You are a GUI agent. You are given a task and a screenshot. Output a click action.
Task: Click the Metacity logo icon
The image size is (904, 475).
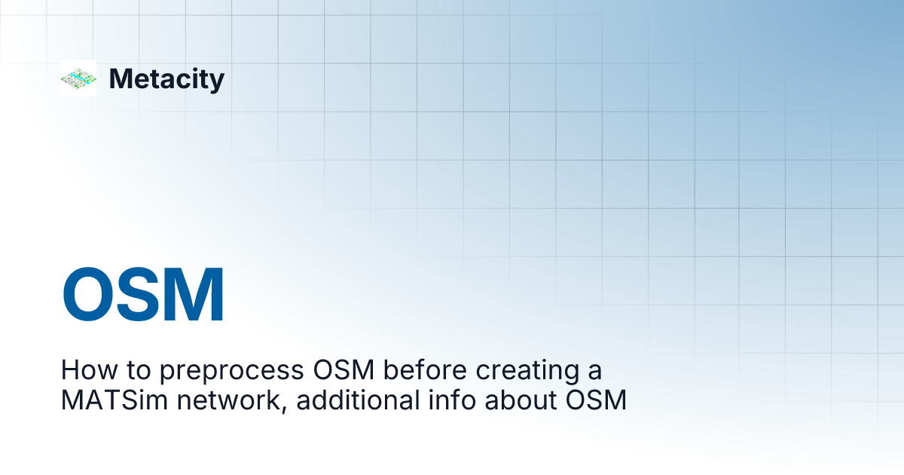[x=78, y=78]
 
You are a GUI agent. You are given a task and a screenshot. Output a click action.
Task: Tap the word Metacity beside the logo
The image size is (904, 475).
[x=166, y=79]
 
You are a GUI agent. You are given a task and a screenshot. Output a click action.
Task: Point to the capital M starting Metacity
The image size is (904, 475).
[x=121, y=79]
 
